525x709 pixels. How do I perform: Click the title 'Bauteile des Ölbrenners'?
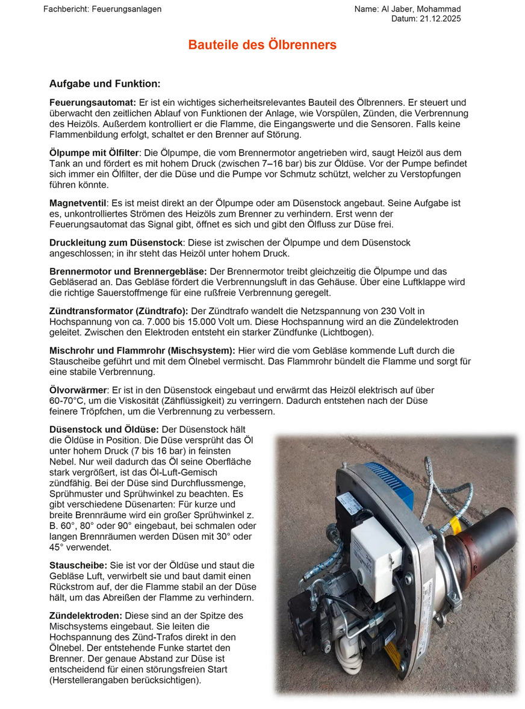(262, 45)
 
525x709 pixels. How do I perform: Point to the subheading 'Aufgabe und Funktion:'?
(105, 84)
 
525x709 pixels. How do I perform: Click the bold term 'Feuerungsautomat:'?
(93, 103)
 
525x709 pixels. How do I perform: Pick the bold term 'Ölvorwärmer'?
(76, 390)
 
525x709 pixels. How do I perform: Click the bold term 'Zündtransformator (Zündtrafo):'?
(119, 311)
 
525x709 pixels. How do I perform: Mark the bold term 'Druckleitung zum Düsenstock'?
(116, 243)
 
